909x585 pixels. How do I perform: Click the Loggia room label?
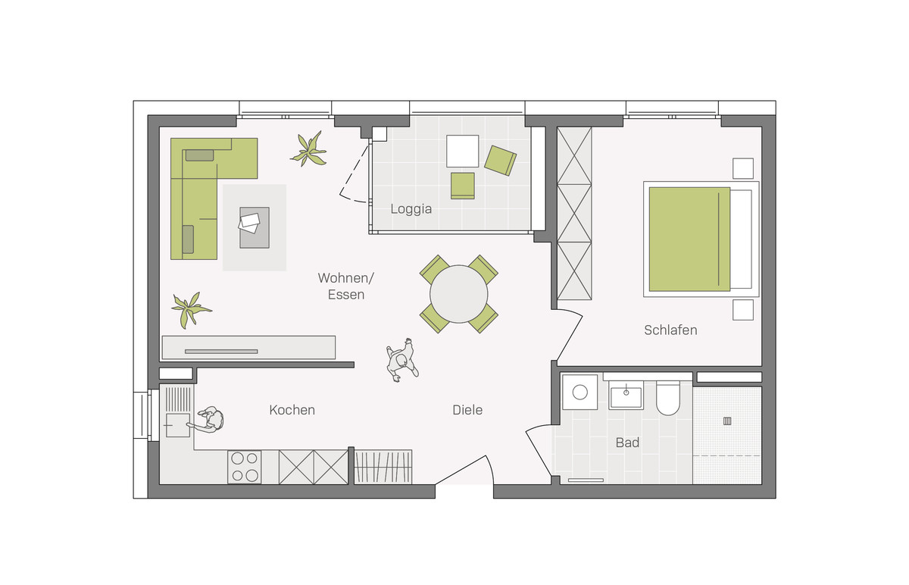point(411,209)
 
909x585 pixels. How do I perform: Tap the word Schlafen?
point(670,330)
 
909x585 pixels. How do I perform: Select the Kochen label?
point(292,410)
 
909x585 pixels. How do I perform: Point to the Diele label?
point(467,410)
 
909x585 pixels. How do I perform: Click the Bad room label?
point(627,443)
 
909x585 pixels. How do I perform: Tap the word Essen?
point(346,295)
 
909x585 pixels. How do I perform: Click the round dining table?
point(458,294)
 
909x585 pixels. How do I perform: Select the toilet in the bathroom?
point(668,399)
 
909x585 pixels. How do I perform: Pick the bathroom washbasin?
point(626,396)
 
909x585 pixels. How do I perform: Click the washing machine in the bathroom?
point(580,393)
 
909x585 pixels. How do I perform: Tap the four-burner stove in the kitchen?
point(244,467)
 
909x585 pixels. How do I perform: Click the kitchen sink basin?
point(178,425)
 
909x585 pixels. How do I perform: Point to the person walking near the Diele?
point(401,361)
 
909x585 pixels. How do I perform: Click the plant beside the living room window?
point(309,149)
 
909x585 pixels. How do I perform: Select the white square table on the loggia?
point(463,151)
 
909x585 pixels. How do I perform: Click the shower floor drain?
point(727,421)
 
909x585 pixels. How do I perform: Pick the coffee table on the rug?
point(255,228)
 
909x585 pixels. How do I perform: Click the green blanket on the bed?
point(689,239)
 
